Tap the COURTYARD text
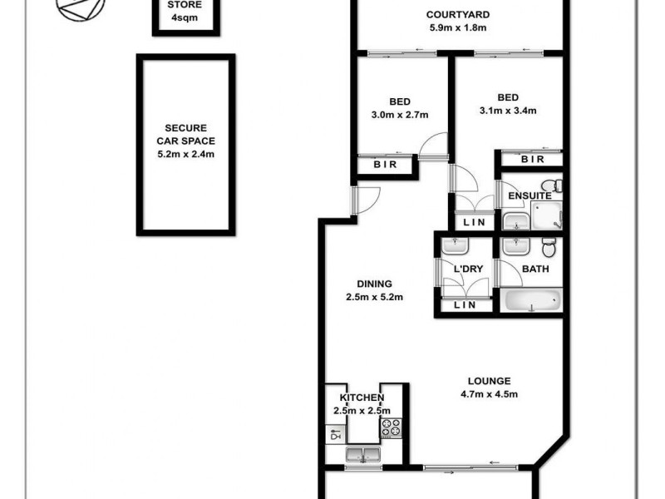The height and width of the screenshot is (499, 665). tap(457, 14)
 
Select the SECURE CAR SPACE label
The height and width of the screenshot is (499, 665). tap(187, 141)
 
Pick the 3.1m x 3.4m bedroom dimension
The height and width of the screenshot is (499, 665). tap(508, 110)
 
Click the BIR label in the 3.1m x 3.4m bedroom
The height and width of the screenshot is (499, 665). tap(531, 160)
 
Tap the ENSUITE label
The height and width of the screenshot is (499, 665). tap(530, 195)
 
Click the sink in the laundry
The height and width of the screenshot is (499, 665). tap(454, 246)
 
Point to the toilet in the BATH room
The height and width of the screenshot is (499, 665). tap(549, 248)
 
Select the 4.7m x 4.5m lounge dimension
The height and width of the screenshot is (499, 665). tap(490, 394)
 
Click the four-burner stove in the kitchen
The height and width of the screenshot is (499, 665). tap(391, 428)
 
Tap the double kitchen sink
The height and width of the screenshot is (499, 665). tap(362, 454)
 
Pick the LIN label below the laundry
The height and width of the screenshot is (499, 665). tap(465, 306)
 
